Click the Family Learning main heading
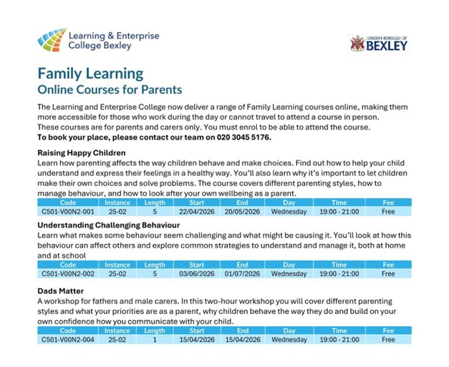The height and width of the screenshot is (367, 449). click(x=90, y=74)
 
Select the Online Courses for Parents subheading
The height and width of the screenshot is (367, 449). click(x=110, y=90)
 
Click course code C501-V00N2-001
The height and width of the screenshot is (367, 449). click(x=68, y=212)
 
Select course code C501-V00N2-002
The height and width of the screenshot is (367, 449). click(x=68, y=273)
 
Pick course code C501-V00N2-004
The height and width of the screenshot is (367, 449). click(x=68, y=339)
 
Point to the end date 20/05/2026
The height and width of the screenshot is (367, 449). click(x=241, y=212)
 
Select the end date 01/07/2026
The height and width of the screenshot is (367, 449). click(x=241, y=273)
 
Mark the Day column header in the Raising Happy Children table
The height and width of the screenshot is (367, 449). click(x=289, y=203)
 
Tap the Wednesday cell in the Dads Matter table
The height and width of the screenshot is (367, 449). click(x=289, y=339)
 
